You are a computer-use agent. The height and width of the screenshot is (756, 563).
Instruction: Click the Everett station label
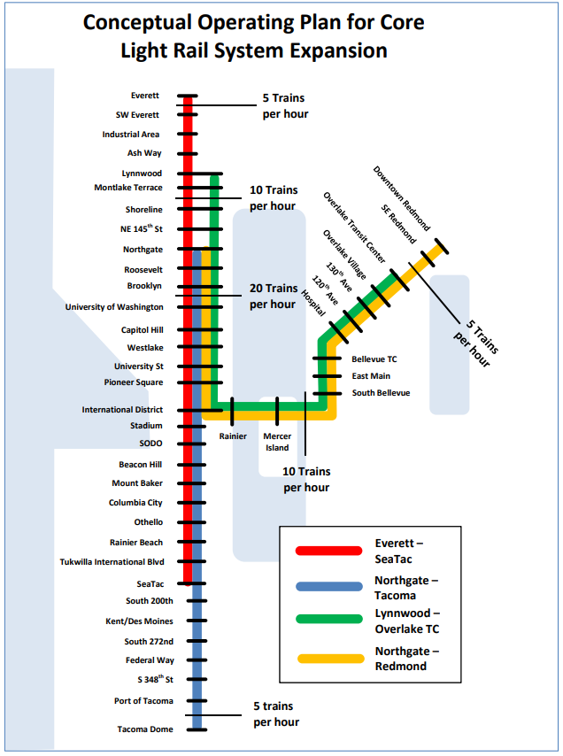(144, 96)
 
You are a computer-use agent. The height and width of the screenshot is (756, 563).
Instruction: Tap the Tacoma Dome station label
(145, 729)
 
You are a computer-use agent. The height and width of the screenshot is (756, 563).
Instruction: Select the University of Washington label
(114, 307)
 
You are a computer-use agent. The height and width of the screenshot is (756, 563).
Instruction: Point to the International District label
(122, 410)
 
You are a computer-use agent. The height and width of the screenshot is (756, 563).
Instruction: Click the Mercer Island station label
(277, 442)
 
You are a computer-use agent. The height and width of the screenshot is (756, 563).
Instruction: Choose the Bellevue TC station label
(374, 359)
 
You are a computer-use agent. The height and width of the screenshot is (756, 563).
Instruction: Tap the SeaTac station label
(150, 583)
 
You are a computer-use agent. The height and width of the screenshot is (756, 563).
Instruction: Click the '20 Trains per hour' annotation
(273, 297)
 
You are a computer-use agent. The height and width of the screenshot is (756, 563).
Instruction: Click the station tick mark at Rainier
(232, 411)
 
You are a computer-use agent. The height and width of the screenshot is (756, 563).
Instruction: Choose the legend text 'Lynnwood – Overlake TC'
(407, 621)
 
